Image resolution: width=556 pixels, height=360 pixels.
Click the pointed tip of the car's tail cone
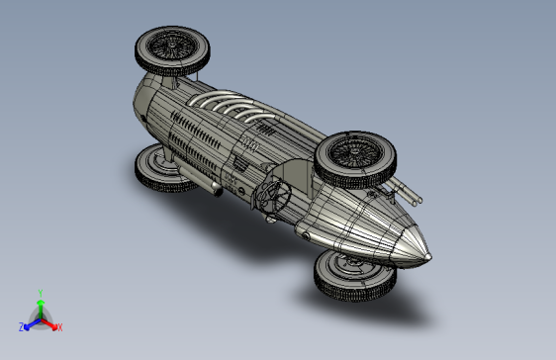429,257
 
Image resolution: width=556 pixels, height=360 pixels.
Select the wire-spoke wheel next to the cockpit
355,160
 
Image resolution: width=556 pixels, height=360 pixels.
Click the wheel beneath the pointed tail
355,276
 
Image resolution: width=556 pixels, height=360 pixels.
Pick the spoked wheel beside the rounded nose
172,50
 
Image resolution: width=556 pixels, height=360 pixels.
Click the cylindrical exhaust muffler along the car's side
199,179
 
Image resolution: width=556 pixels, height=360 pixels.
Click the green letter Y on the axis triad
41,294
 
